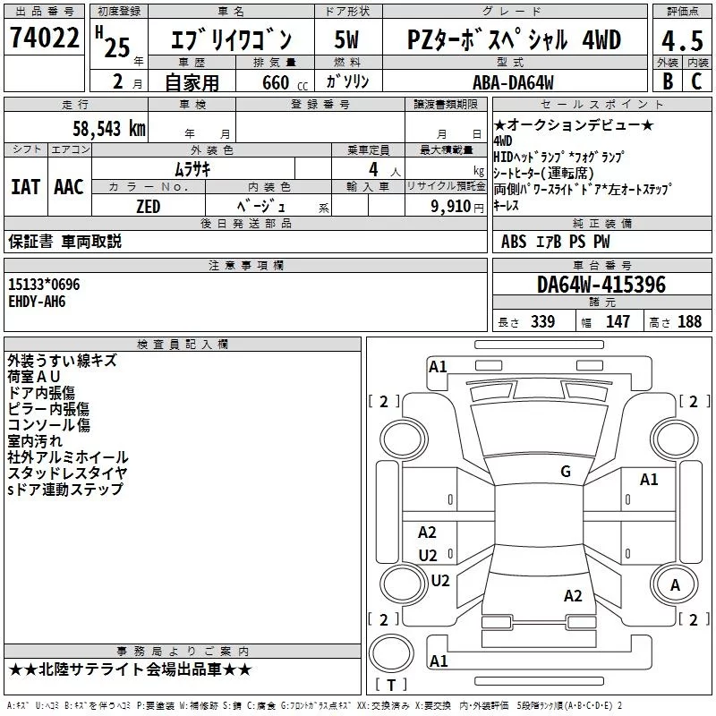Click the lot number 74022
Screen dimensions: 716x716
coord(45,38)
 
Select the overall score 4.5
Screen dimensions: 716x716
coord(681,40)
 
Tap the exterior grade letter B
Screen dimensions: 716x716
coord(667,81)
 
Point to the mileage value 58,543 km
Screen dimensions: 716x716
coord(108,128)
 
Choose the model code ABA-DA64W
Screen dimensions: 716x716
coord(513,82)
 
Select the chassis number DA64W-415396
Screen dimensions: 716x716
coord(601,285)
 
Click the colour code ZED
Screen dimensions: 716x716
coord(148,206)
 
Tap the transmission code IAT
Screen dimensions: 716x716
coord(26,187)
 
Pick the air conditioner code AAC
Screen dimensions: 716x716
coord(68,187)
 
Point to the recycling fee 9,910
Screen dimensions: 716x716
coord(450,206)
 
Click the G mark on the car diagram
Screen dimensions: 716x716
coord(565,472)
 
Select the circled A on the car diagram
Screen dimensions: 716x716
coord(675,584)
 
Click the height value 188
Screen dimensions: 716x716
coord(689,322)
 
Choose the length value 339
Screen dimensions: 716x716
coord(542,322)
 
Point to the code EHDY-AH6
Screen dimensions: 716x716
coord(37,302)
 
